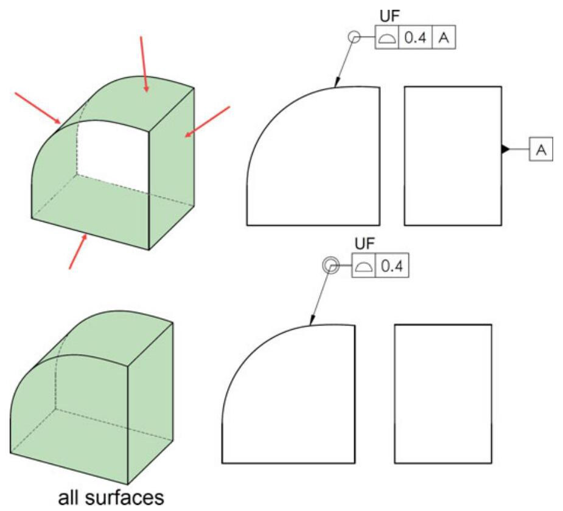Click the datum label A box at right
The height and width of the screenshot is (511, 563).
[540, 150]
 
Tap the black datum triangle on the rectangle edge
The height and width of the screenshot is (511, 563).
[505, 149]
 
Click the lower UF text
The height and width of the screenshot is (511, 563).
[365, 245]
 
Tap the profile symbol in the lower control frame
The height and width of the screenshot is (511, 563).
[364, 265]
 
